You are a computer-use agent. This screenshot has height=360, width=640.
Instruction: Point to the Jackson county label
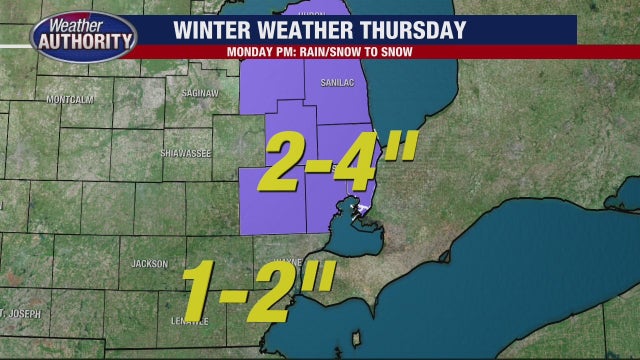coord(149,263)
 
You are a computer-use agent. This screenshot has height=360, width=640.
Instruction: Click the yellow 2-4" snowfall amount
coord(334,162)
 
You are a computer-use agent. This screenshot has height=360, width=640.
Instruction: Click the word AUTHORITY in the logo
coord(83,41)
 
